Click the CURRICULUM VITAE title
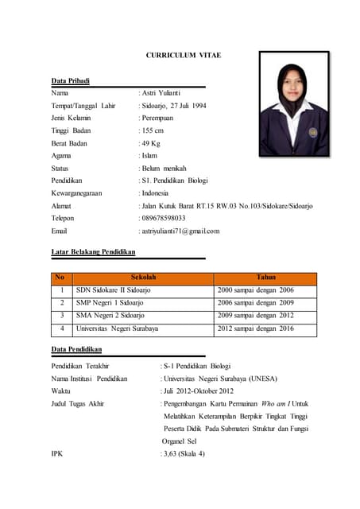tap(183, 55)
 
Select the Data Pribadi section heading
tap(71, 81)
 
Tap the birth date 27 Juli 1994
tap(188, 106)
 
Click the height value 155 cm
tap(153, 130)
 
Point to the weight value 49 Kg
tap(152, 143)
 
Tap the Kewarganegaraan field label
tap(78, 193)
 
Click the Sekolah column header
tap(143, 278)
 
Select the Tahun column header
tap(265, 278)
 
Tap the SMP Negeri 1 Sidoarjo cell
tap(110, 303)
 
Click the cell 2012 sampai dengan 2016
tap(256, 328)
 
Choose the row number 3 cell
tap(62, 316)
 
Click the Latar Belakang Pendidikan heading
tap(94, 252)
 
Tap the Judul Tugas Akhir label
tap(78, 403)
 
